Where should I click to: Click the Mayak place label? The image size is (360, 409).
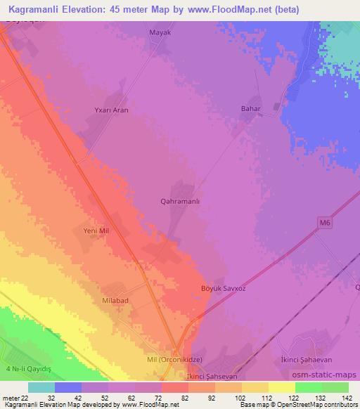click(160, 33)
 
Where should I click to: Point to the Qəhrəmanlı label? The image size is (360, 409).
click(181, 202)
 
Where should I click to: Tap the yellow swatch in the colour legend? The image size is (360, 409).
click(281, 387)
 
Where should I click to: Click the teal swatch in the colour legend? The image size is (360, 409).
click(41, 387)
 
